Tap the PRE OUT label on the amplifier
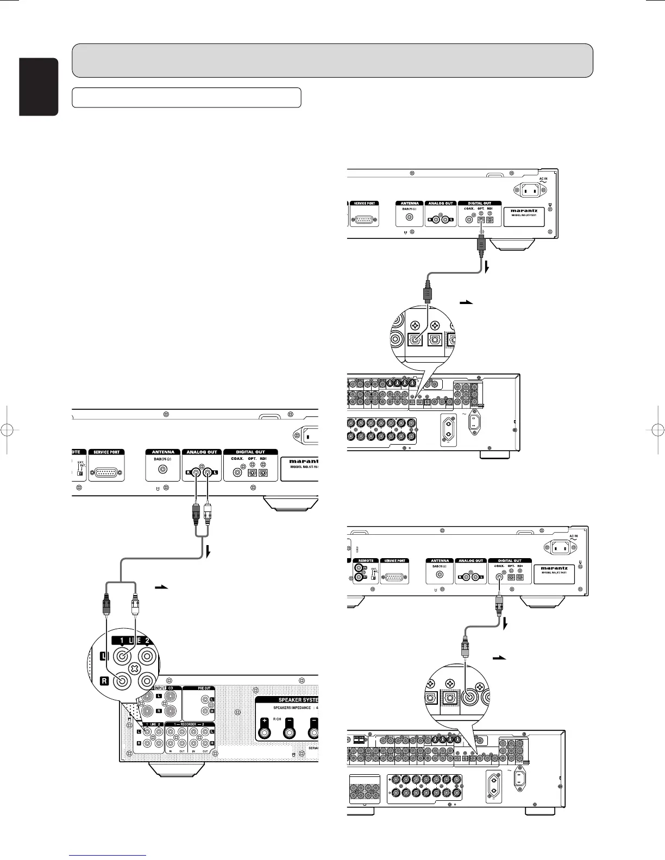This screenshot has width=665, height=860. pyautogui.click(x=204, y=688)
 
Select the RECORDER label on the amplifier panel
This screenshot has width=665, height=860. pyautogui.click(x=189, y=725)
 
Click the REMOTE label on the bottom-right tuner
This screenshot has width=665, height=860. pyautogui.click(x=366, y=560)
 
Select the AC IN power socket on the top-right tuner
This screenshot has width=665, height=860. pyautogui.click(x=531, y=190)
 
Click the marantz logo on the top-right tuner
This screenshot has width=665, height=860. pyautogui.click(x=524, y=210)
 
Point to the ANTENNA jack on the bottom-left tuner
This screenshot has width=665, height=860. pyautogui.click(x=162, y=472)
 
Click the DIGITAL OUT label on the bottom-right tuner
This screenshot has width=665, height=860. pyautogui.click(x=510, y=560)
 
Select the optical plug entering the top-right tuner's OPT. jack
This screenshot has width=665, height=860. pyautogui.click(x=480, y=242)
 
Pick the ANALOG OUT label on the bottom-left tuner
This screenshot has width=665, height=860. pyautogui.click(x=202, y=452)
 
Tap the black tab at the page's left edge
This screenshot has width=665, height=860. pyautogui.click(x=39, y=87)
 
